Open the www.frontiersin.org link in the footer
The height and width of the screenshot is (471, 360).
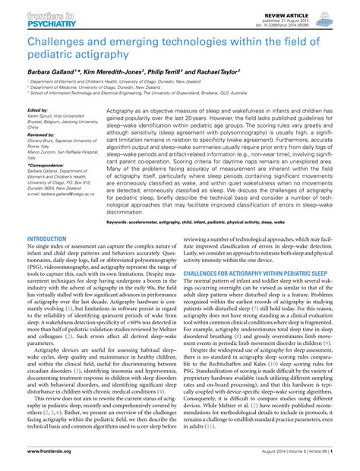[49, 463]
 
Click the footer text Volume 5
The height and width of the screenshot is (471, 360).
[295, 463]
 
